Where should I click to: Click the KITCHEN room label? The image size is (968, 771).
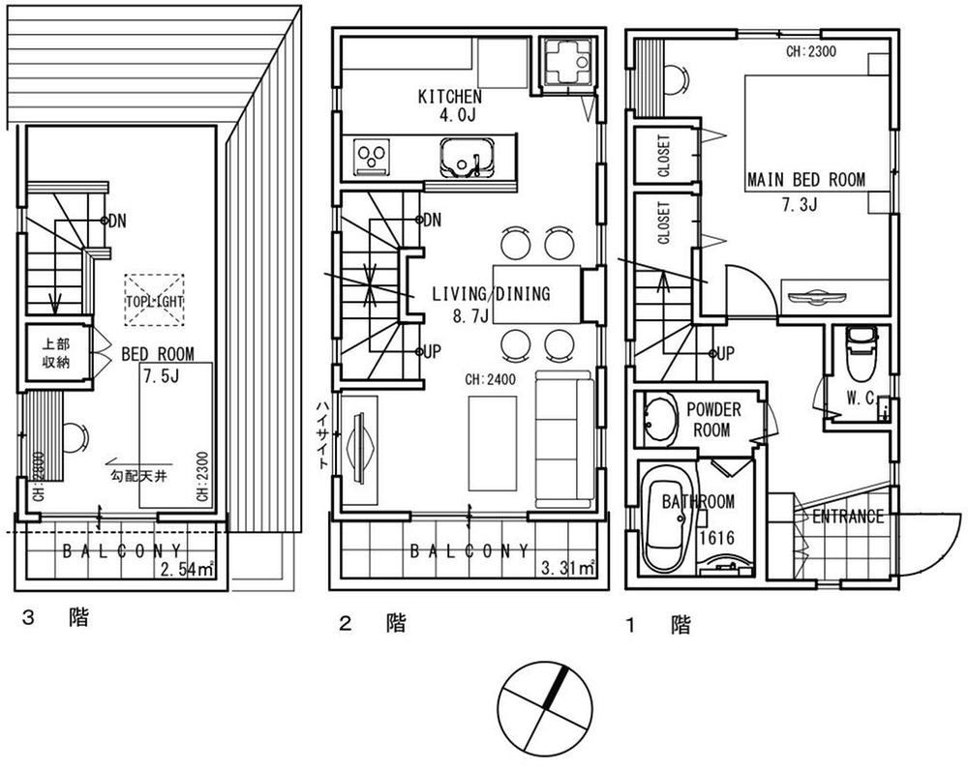(449, 97)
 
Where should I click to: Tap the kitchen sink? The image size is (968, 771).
(468, 158)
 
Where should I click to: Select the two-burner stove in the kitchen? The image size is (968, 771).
(371, 157)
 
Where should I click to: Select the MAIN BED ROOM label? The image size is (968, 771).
(805, 180)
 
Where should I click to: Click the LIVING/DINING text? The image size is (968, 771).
(491, 294)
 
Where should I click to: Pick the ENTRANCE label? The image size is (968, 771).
(847, 516)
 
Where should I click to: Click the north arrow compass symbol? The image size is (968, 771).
(544, 709)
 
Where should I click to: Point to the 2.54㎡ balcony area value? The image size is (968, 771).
(189, 570)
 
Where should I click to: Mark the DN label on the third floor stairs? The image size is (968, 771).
(117, 221)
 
